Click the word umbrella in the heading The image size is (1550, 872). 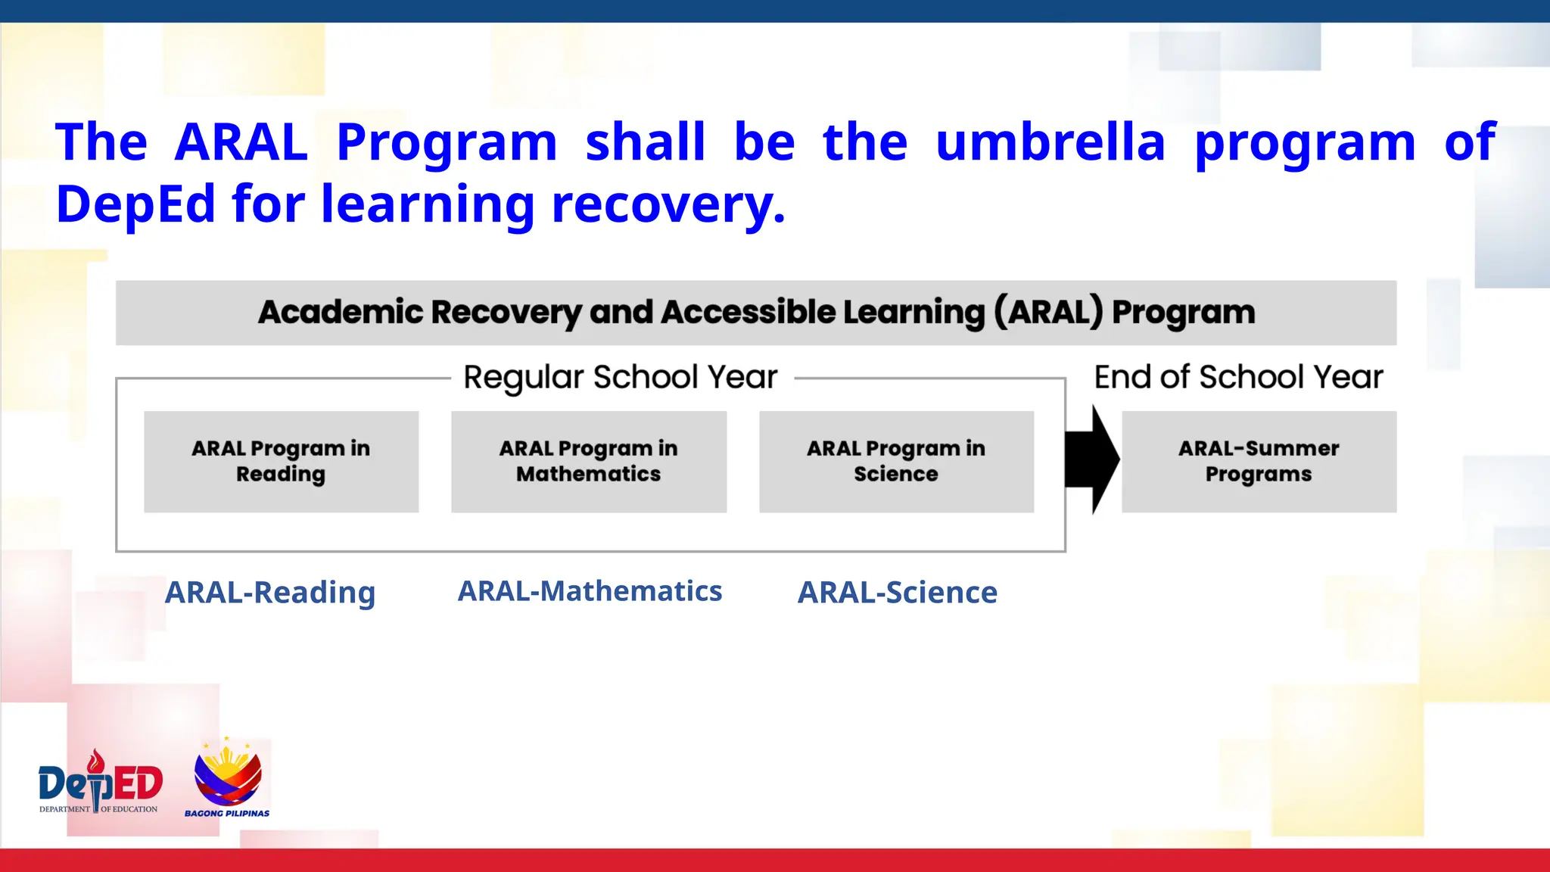1050,142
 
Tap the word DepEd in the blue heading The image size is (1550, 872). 136,204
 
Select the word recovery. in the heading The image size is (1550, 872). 668,204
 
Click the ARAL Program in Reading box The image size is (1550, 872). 281,461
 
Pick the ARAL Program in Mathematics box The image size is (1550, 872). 589,461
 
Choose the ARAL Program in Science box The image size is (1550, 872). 896,461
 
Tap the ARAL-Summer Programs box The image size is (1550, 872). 1259,461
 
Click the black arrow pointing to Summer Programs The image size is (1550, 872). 1091,459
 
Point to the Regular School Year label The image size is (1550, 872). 620,377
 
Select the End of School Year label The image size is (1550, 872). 1238,377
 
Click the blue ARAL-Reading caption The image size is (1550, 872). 270,593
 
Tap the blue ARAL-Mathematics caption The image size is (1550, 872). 590,591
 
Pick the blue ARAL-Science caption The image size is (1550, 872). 898,593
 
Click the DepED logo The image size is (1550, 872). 100,783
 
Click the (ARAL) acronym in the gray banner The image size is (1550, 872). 1048,312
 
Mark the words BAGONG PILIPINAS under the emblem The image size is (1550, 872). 227,814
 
